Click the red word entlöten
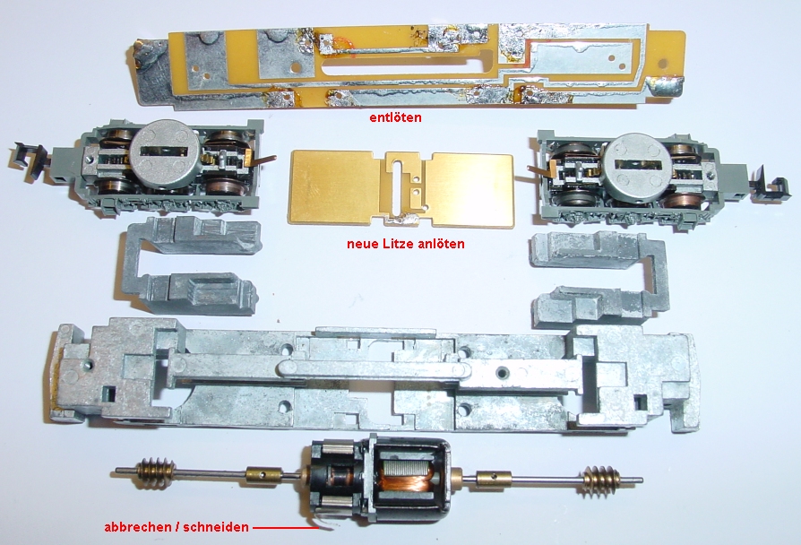396,117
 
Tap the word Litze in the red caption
404,243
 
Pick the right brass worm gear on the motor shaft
599,480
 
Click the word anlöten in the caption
444,243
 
